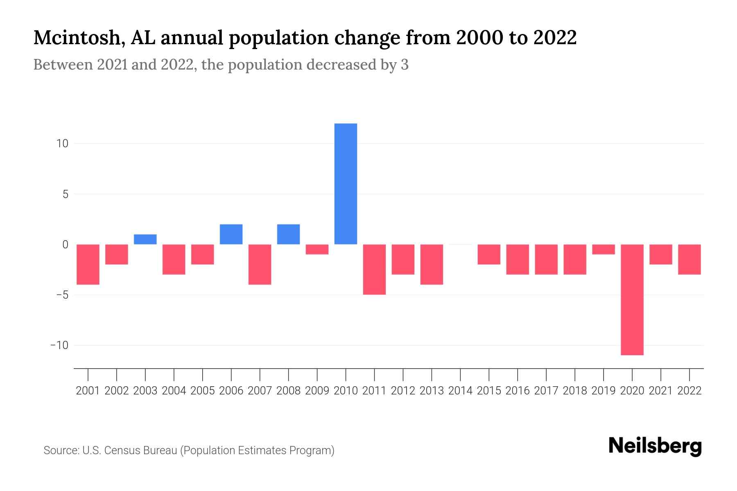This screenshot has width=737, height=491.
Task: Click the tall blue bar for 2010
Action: click(346, 184)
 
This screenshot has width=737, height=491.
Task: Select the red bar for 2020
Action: click(632, 300)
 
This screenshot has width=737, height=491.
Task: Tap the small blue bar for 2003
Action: click(145, 239)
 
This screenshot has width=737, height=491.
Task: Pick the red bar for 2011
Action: click(374, 269)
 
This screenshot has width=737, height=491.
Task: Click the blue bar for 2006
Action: click(231, 234)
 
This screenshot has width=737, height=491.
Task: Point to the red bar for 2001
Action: click(88, 264)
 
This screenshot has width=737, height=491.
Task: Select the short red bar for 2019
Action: click(604, 249)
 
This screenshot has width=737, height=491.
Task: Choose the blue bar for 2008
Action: click(289, 234)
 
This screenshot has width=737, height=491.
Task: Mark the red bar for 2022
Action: click(690, 259)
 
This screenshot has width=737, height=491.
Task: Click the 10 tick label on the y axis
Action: click(63, 144)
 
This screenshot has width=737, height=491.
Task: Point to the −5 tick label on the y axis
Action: click(59, 295)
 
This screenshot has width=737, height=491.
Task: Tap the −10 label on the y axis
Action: click(59, 345)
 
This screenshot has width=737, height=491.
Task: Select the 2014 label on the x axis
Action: click(460, 391)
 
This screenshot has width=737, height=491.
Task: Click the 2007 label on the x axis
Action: click(260, 391)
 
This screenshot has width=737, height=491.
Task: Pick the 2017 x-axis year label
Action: click(546, 391)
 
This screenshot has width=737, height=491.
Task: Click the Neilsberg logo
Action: click(655, 447)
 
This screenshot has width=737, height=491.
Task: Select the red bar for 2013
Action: click(432, 264)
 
